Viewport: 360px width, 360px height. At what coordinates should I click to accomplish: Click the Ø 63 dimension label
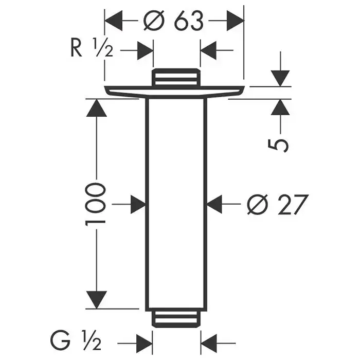[x=173, y=21]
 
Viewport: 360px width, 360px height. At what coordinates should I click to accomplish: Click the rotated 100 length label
[x=96, y=203]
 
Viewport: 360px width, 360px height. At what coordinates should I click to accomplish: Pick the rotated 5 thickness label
[x=278, y=143]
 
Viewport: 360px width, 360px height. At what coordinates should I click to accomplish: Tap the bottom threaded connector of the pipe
[x=176, y=317]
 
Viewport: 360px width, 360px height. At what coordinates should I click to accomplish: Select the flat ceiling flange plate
[x=175, y=92]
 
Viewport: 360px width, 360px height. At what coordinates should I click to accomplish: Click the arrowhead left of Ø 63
[x=114, y=22]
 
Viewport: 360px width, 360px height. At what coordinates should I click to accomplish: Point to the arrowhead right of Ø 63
[x=235, y=22]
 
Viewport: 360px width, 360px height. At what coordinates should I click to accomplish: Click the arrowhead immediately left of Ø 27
[x=216, y=205]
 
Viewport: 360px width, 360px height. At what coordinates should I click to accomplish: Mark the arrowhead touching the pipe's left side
[x=137, y=205]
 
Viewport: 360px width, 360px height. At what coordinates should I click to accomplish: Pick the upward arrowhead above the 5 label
[x=280, y=108]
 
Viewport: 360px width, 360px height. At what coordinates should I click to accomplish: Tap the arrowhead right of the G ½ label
[x=145, y=340]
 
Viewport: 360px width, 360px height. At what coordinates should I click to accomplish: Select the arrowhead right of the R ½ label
[x=145, y=51]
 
